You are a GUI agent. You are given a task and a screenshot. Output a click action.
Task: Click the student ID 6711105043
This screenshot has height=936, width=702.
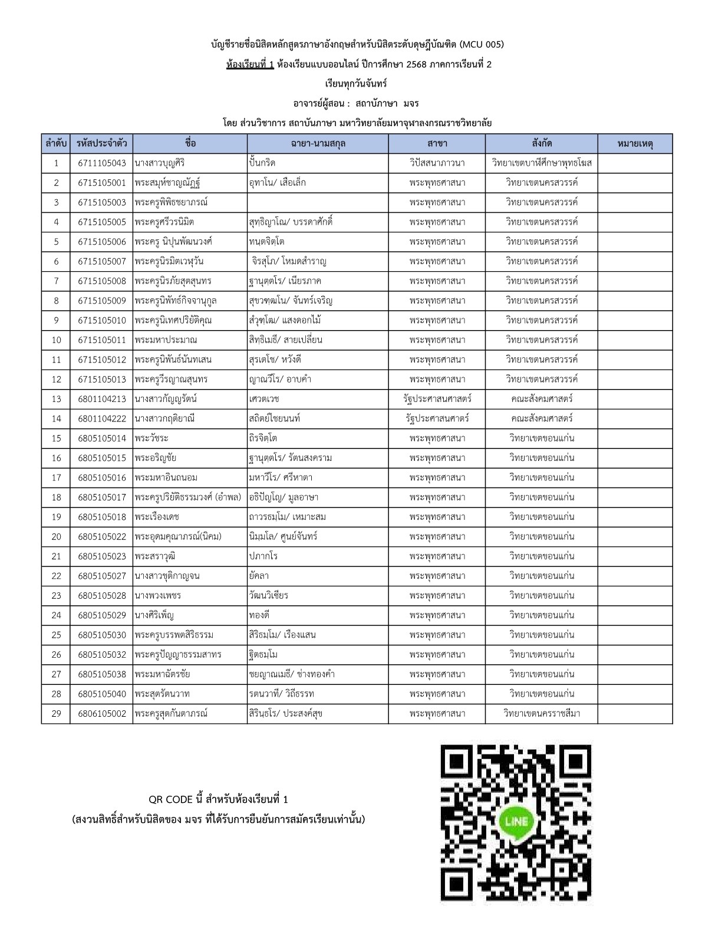point(102,163)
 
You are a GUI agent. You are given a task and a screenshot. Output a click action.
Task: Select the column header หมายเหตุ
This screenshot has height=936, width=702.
point(635,143)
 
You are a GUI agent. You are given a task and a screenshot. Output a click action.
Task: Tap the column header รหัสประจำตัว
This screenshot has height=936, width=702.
point(102,143)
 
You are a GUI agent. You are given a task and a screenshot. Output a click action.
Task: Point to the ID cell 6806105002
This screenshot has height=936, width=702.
point(102,713)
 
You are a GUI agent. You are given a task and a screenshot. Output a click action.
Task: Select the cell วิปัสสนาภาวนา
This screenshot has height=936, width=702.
point(437,163)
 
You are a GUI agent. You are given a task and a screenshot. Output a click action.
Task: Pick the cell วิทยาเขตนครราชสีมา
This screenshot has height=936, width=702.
point(542,713)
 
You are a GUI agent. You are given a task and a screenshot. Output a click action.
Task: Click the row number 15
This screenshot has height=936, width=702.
point(57,438)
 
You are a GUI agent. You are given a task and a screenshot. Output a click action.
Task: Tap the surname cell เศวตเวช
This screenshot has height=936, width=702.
point(264,399)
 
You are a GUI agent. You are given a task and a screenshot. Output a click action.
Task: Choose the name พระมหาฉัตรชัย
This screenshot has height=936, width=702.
point(162,674)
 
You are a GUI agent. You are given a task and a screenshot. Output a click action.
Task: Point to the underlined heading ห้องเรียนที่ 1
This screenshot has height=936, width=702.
point(250,64)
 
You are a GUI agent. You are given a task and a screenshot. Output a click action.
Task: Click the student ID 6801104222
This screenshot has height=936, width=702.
point(102,418)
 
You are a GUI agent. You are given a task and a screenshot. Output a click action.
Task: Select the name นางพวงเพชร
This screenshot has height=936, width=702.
point(157,595)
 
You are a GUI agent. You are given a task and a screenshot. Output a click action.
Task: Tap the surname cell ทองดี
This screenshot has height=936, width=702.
point(259,615)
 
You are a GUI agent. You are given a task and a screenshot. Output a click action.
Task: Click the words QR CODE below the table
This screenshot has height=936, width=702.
point(171,799)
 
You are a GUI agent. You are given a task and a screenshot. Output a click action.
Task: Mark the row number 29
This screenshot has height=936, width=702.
point(57,713)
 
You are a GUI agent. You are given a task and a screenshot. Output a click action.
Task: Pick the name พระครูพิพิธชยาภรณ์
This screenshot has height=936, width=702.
point(171,202)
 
